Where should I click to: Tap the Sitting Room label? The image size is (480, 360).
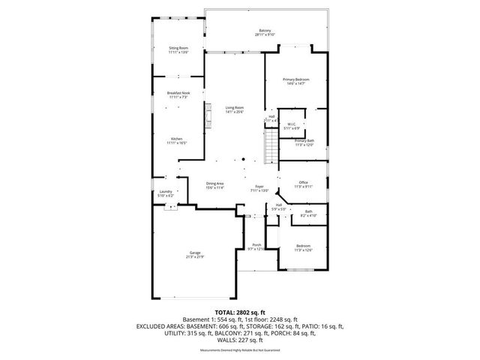pyautogui.click(x=178, y=49)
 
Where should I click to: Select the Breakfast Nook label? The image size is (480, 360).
pyautogui.click(x=178, y=94)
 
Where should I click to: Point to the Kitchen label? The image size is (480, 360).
pyautogui.click(x=177, y=139)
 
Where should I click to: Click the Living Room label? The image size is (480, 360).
pyautogui.click(x=235, y=109)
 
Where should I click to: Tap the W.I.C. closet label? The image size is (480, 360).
pyautogui.click(x=291, y=126)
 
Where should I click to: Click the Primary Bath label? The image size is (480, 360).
pyautogui.click(x=304, y=142)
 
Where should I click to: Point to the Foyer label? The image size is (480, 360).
pyautogui.click(x=259, y=187)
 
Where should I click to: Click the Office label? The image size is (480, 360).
pyautogui.click(x=303, y=184)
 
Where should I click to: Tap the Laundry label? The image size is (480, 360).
pyautogui.click(x=166, y=193)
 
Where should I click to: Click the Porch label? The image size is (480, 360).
pyautogui.click(x=256, y=247)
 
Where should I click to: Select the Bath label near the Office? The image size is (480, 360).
pyautogui.click(x=308, y=214)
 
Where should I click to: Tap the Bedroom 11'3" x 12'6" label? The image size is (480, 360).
pyautogui.click(x=303, y=247)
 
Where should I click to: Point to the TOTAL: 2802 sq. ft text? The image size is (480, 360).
pyautogui.click(x=239, y=311)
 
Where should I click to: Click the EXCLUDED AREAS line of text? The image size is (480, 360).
pyautogui.click(x=239, y=326)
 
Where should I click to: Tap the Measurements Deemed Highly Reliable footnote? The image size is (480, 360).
pyautogui.click(x=239, y=349)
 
